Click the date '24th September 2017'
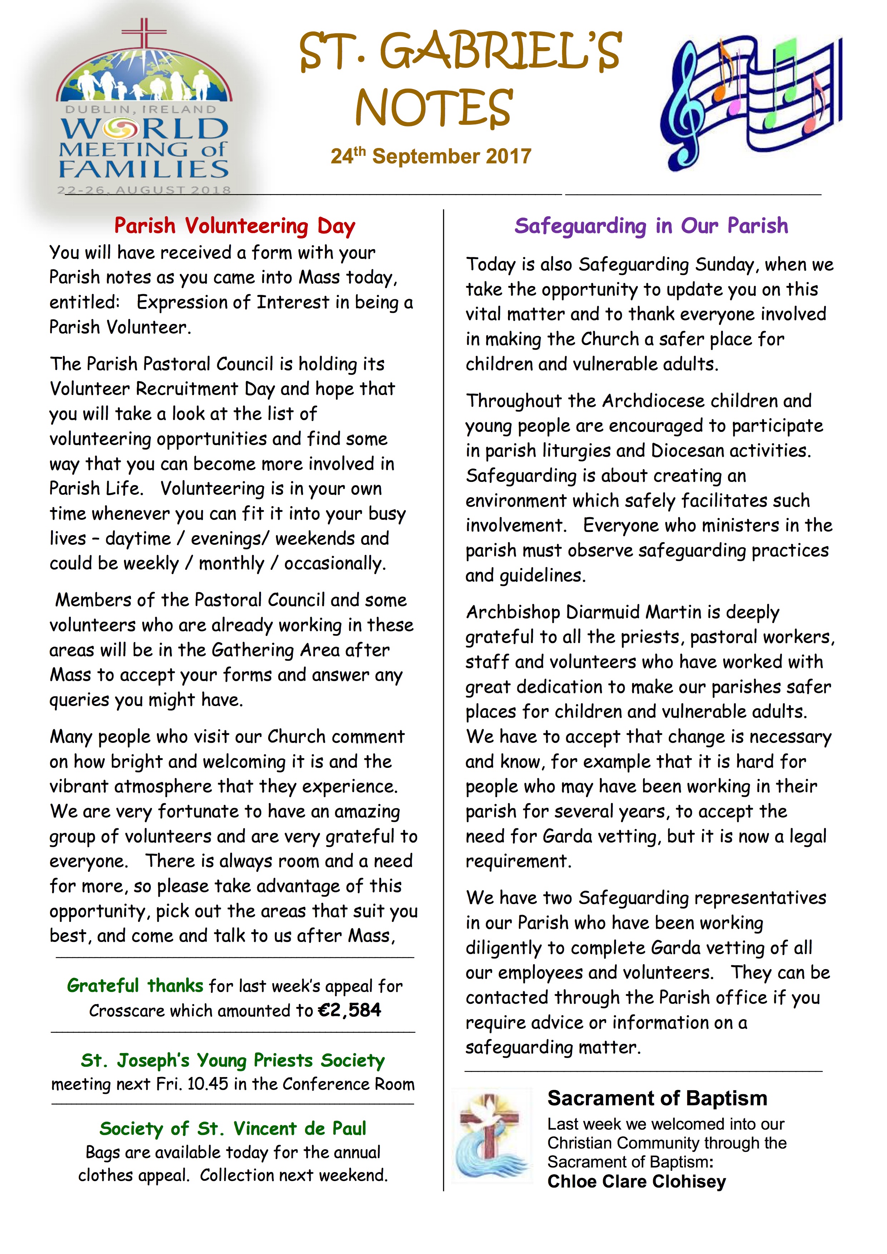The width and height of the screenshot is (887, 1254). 430,156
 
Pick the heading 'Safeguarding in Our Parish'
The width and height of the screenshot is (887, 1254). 651,226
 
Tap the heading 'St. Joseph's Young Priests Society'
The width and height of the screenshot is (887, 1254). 233,1060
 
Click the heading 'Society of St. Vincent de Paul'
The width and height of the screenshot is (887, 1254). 233,1129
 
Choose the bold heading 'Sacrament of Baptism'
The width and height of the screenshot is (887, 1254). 657,1099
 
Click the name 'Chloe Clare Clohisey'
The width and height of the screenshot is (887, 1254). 636,1182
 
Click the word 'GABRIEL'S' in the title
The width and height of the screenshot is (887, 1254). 500,52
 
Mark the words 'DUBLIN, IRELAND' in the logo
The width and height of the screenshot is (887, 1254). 141,109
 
